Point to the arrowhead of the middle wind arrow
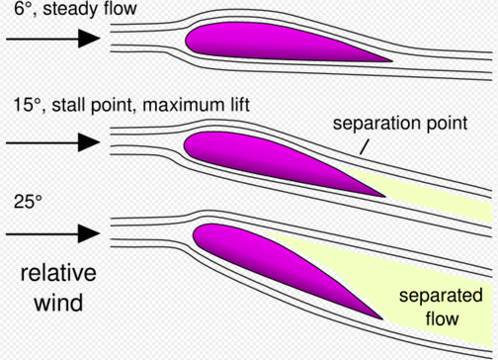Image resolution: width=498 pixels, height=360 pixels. tap(89, 142)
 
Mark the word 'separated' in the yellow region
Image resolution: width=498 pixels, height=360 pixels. tap(440, 296)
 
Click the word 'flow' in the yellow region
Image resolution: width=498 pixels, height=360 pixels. tap(440, 317)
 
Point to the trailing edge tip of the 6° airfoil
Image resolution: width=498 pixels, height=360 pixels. tap(390, 60)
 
